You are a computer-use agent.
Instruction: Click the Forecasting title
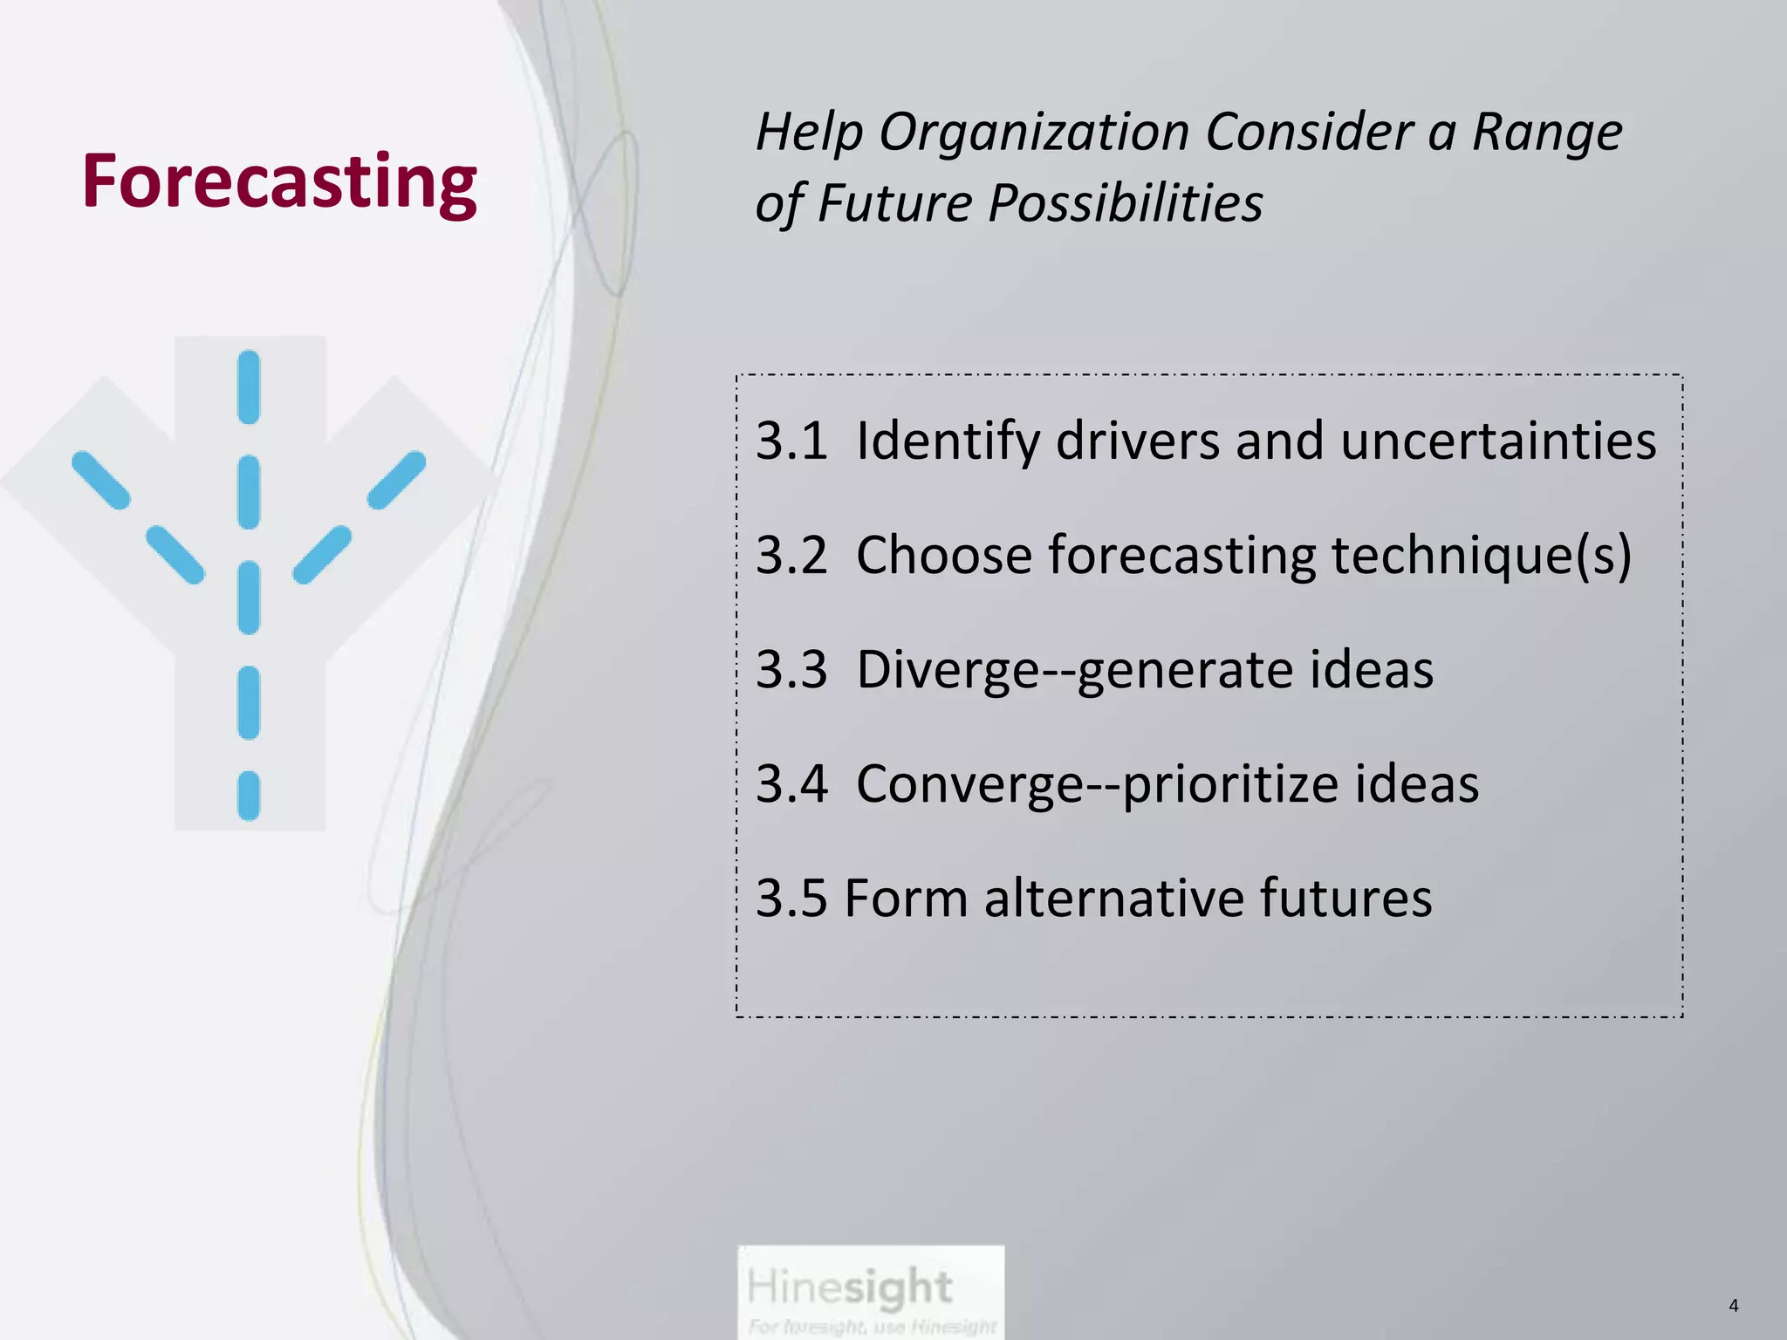click(279, 181)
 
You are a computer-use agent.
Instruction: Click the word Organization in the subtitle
click(1033, 133)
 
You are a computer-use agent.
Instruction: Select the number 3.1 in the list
click(791, 441)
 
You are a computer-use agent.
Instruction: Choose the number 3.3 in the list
click(791, 670)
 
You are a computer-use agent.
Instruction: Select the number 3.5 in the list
click(791, 899)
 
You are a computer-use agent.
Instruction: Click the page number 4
click(1733, 1306)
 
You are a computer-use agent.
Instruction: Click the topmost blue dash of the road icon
click(249, 387)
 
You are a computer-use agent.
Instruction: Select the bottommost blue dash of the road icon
click(249, 796)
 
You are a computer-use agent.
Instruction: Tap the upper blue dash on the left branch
click(100, 480)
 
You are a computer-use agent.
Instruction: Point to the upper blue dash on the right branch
click(397, 480)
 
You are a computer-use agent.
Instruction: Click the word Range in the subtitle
click(1546, 133)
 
